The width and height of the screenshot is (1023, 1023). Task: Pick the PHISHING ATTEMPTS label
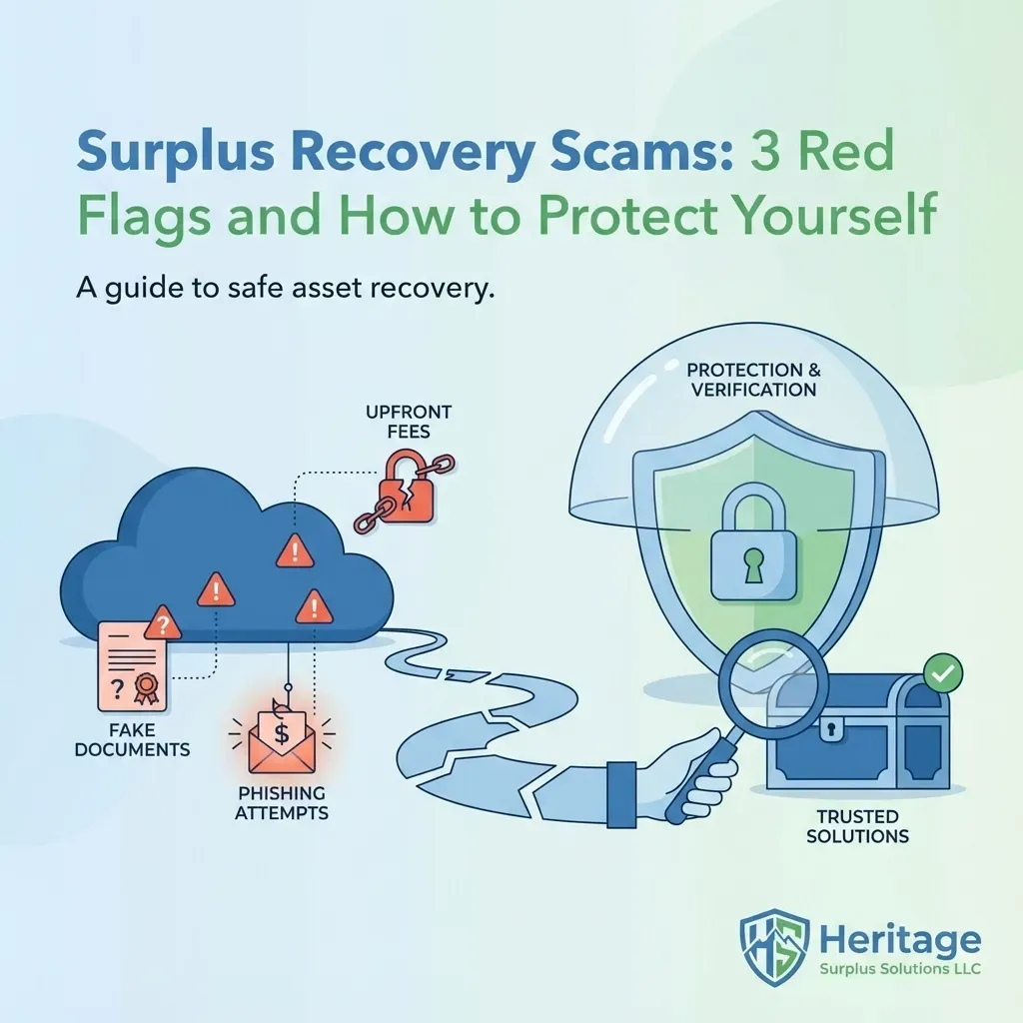282,803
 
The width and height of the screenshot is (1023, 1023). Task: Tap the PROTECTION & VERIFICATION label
752,379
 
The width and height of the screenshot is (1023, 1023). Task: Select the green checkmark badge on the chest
940,674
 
